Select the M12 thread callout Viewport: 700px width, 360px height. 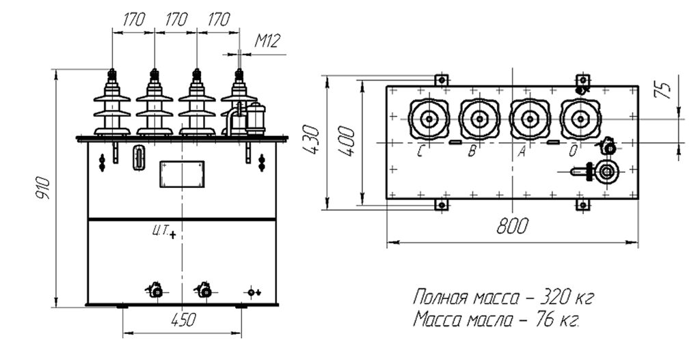coord(268,42)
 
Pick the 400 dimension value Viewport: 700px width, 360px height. coord(347,141)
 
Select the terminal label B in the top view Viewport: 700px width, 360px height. coord(472,152)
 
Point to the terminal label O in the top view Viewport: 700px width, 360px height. coord(574,152)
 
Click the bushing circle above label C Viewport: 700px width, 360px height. coord(429,119)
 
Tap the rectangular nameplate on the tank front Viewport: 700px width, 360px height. coord(182,174)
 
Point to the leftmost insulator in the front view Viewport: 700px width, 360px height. coord(112,106)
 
